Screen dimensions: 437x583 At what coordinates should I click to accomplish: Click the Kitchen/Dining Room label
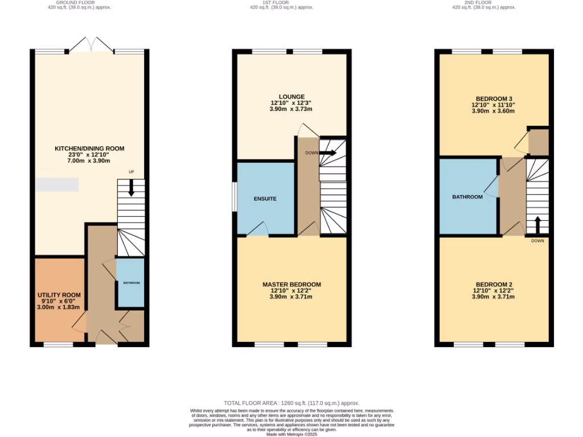pyautogui.click(x=89, y=149)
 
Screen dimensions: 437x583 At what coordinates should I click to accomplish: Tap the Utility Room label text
pyautogui.click(x=59, y=295)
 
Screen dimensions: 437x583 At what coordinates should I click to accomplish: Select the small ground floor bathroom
pyautogui.click(x=130, y=283)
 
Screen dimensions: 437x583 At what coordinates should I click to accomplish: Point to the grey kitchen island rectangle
pyautogui.click(x=57, y=185)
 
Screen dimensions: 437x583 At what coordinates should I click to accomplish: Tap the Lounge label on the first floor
pyautogui.click(x=291, y=97)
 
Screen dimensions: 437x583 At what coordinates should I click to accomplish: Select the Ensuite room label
pyautogui.click(x=265, y=199)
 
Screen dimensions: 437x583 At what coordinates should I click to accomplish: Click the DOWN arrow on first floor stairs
pyautogui.click(x=328, y=152)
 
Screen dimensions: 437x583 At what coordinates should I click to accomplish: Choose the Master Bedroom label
pyautogui.click(x=291, y=285)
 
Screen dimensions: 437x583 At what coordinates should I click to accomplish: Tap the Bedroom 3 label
pyautogui.click(x=493, y=98)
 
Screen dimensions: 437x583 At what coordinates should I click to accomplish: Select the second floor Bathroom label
pyautogui.click(x=467, y=197)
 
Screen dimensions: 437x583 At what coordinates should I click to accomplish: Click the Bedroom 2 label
pyautogui.click(x=493, y=285)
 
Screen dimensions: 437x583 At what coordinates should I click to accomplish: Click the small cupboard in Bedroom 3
pyautogui.click(x=538, y=142)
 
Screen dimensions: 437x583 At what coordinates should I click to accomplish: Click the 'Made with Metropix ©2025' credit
pyautogui.click(x=291, y=434)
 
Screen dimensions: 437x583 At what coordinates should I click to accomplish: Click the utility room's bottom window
pyautogui.click(x=59, y=344)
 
